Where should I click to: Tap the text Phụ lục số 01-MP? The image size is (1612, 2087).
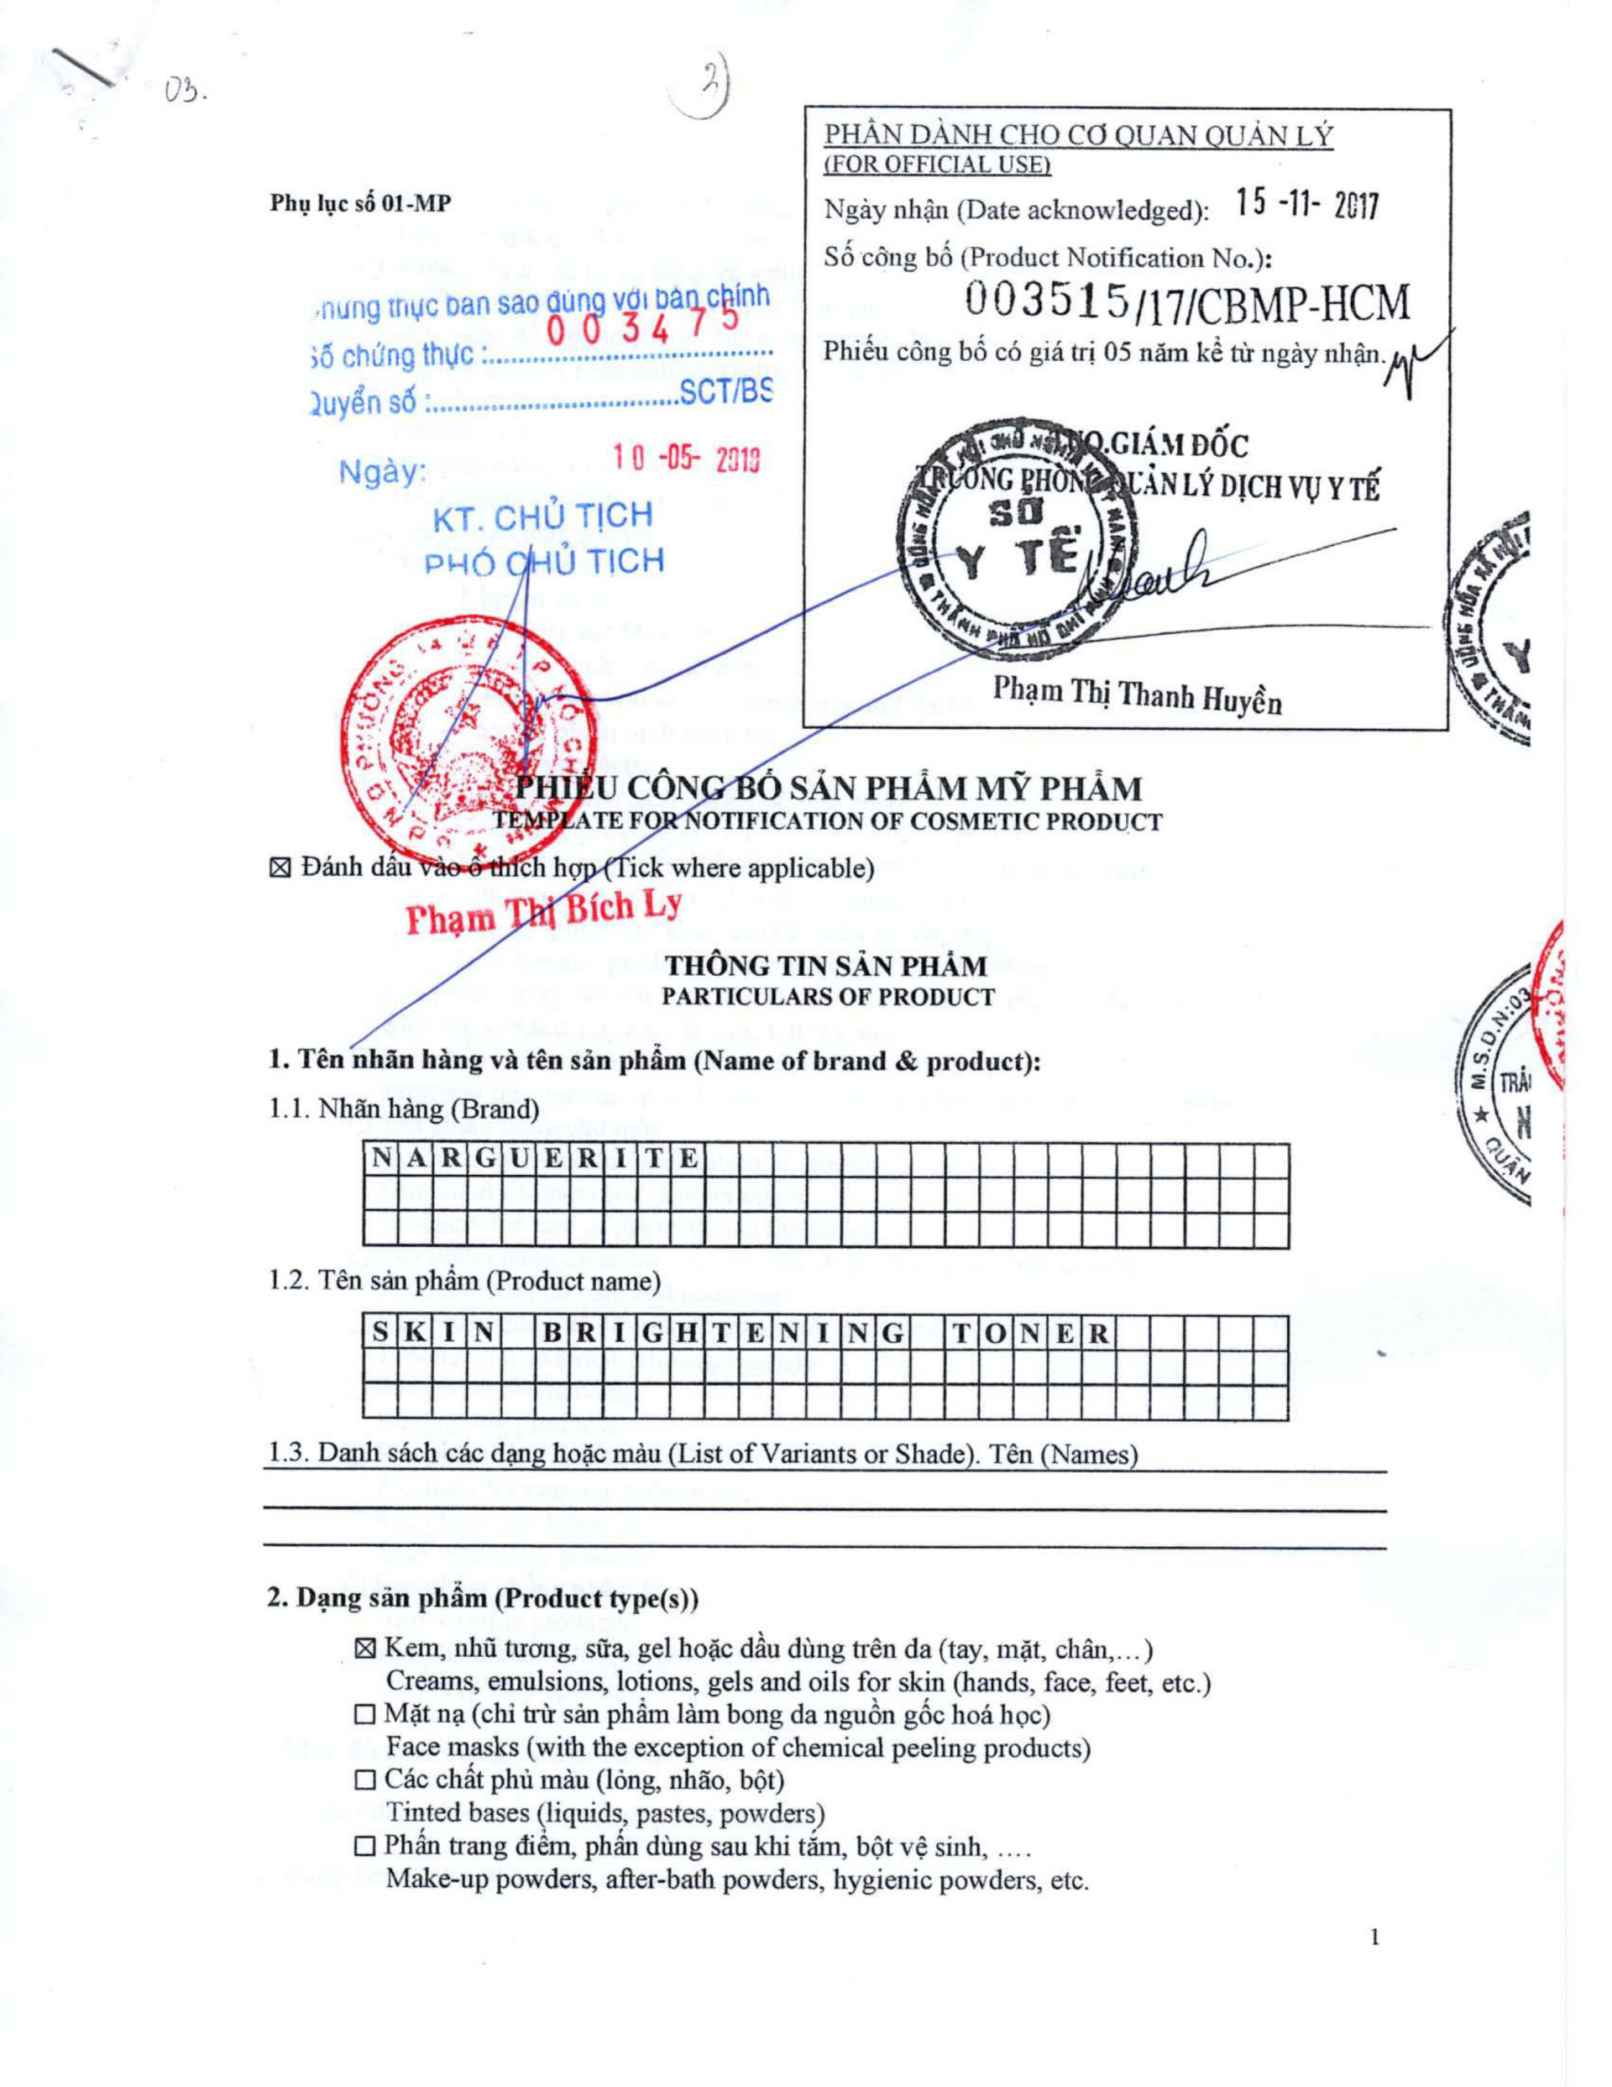coord(360,203)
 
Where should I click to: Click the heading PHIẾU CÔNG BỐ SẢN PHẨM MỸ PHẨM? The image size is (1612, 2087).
coord(829,789)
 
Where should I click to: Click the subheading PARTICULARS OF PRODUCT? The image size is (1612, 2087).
coord(828,997)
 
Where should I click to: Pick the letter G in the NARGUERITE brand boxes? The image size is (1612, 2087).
coord(485,1160)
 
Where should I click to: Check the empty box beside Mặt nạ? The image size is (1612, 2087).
coord(365,1714)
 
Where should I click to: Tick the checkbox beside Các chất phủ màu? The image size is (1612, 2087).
coord(365,1780)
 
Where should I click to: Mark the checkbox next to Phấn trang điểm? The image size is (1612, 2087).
coord(365,1846)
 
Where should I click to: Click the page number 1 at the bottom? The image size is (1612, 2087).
coord(1375,1938)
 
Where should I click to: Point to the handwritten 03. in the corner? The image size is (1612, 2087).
coord(185,91)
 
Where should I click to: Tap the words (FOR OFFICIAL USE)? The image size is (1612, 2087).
coord(937,165)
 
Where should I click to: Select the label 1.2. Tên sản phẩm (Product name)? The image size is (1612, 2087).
coord(464,1280)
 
